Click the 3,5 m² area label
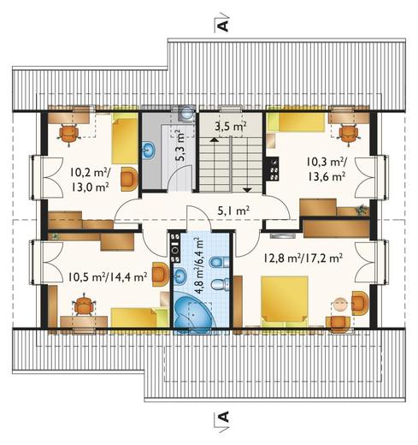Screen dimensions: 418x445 click(231, 126)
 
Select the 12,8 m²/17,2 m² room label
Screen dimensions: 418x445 click(303, 258)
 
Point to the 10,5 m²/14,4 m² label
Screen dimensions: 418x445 click(108, 276)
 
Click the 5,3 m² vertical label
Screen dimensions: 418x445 click(180, 146)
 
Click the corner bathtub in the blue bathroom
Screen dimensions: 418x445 click(194, 314)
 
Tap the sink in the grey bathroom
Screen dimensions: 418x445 click(149, 150)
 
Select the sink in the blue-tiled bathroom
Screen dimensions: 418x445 click(179, 276)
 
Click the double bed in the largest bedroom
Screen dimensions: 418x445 click(285, 300)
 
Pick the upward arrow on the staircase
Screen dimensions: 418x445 click(214, 139)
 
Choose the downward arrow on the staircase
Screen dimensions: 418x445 click(247, 189)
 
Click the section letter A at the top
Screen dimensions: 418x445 click(223, 26)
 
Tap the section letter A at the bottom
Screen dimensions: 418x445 click(223, 417)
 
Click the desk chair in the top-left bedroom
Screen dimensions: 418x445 click(69, 134)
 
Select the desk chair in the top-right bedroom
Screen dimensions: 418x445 click(348, 134)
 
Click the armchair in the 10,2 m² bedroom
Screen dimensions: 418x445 click(129, 179)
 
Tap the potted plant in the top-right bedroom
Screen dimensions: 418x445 click(361, 210)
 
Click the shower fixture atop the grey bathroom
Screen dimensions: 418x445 click(186, 112)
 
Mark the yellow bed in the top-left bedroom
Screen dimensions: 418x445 click(125, 138)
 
